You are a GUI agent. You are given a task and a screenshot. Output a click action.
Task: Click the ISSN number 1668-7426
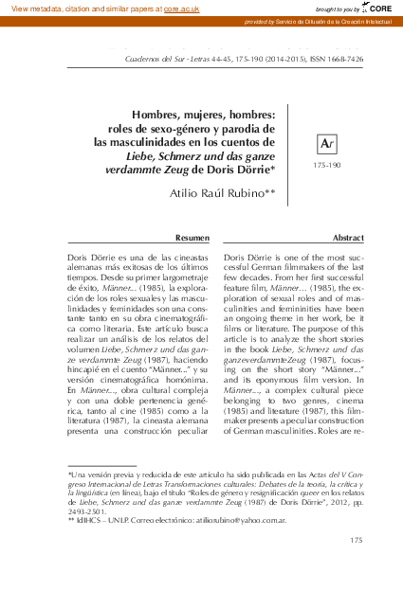(356, 57)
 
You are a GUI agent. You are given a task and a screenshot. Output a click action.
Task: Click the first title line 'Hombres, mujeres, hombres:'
(203, 113)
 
